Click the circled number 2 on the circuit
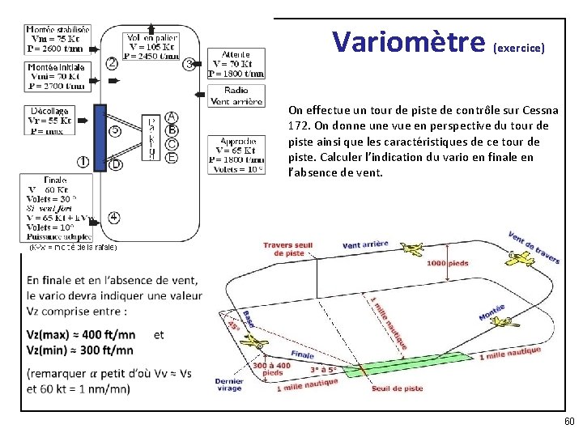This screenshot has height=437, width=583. pos(111,62)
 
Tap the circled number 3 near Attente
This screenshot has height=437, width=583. pos(189,63)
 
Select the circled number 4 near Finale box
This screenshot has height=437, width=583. pos(114,217)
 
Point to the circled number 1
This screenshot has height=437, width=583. pos(83,161)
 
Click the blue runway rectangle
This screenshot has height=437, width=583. pos(100,138)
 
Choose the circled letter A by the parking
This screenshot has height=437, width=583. pos(172,117)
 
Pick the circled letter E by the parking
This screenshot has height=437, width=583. pos(172,157)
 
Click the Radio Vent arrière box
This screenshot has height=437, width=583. pos(236,96)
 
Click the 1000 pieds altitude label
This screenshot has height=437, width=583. pos(447,264)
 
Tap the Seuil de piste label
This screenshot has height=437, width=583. pos(397,388)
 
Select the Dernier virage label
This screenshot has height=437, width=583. pos(229,384)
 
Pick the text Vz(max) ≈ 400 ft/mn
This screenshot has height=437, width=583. pos(80,334)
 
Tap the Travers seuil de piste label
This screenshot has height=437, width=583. pos(288,249)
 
